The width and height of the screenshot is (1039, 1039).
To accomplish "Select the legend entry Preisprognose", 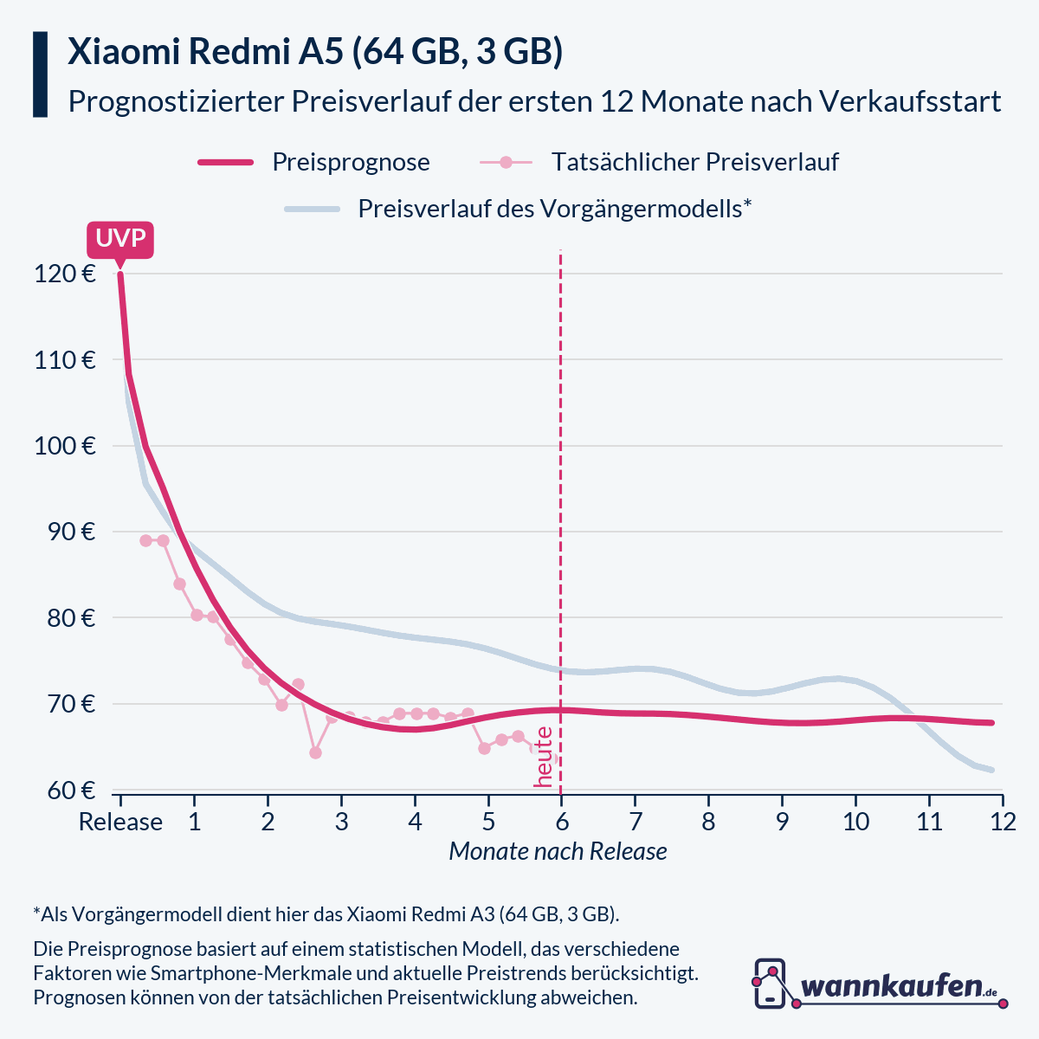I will point(351,162).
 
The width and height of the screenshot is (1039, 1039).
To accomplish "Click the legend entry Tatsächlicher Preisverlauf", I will point(694,162).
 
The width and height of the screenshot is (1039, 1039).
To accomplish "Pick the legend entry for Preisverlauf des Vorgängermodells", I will point(554,209).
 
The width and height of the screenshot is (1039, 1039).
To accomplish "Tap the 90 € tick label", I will point(69,532).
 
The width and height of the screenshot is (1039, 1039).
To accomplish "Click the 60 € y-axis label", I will point(69,791).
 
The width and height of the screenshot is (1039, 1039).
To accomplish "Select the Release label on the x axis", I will point(120,822).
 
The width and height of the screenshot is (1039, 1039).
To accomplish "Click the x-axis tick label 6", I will point(561,822).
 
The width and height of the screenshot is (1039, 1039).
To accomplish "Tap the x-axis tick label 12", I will point(1003,822).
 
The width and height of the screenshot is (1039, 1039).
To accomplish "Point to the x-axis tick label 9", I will point(782,822).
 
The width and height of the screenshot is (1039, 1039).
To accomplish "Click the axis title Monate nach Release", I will point(558,852).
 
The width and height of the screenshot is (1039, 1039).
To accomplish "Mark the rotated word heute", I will point(544,757).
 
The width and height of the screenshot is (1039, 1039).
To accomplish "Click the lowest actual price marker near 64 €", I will point(315,752).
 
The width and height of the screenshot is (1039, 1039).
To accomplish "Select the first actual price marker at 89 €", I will point(145,540).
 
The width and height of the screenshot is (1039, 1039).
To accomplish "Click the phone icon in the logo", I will point(770,983).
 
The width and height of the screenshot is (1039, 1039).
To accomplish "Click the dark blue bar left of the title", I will point(40,74).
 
